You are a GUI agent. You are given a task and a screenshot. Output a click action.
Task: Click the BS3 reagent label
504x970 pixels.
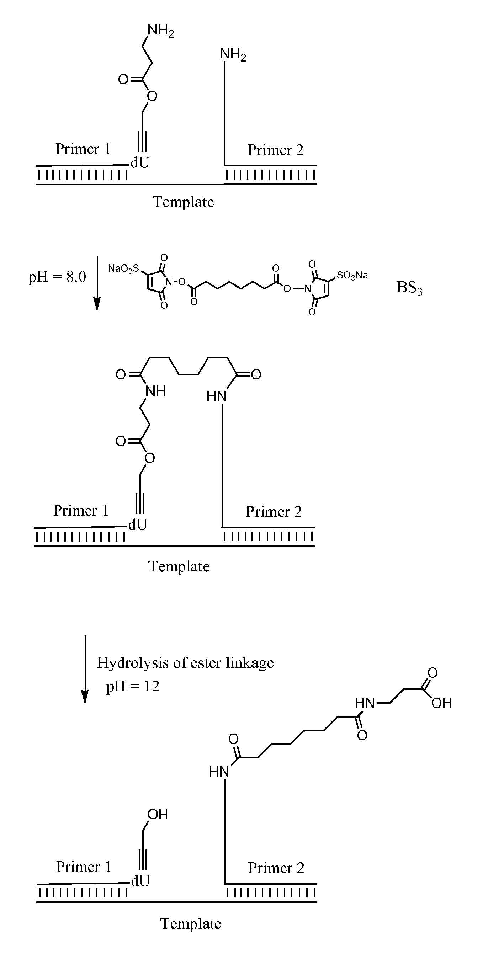coord(409,288)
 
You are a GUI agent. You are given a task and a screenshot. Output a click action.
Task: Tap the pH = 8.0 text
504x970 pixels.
coord(57,277)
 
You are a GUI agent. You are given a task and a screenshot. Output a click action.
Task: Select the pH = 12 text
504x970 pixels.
coord(133,687)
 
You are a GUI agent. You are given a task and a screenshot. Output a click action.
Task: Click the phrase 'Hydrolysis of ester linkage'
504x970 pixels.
coord(185,663)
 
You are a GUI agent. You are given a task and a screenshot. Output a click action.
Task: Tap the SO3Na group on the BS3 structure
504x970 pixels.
coord(352,275)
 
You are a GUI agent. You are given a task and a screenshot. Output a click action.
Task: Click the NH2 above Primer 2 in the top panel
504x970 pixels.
coord(233,55)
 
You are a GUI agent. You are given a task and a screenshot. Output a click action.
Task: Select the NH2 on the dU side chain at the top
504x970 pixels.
coord(160,31)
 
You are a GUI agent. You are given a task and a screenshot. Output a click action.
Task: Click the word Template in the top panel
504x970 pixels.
coord(183,202)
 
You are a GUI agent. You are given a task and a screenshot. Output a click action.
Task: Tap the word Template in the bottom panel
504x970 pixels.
coord(191,924)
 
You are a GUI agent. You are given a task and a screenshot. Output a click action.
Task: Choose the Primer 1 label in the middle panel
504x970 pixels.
coord(81,511)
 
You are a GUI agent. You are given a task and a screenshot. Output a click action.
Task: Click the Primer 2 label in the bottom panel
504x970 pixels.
coord(276,868)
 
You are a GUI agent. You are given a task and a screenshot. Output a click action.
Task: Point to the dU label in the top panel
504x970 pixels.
coord(140,162)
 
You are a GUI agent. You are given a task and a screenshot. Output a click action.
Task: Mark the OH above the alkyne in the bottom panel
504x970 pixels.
coord(158,815)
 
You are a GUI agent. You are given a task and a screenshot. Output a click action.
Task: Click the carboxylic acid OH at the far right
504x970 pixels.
coord(441,703)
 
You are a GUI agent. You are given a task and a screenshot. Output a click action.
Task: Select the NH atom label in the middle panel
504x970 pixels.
coord(155,391)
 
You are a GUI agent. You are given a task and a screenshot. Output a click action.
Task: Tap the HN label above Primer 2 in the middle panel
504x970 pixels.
coord(216,396)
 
